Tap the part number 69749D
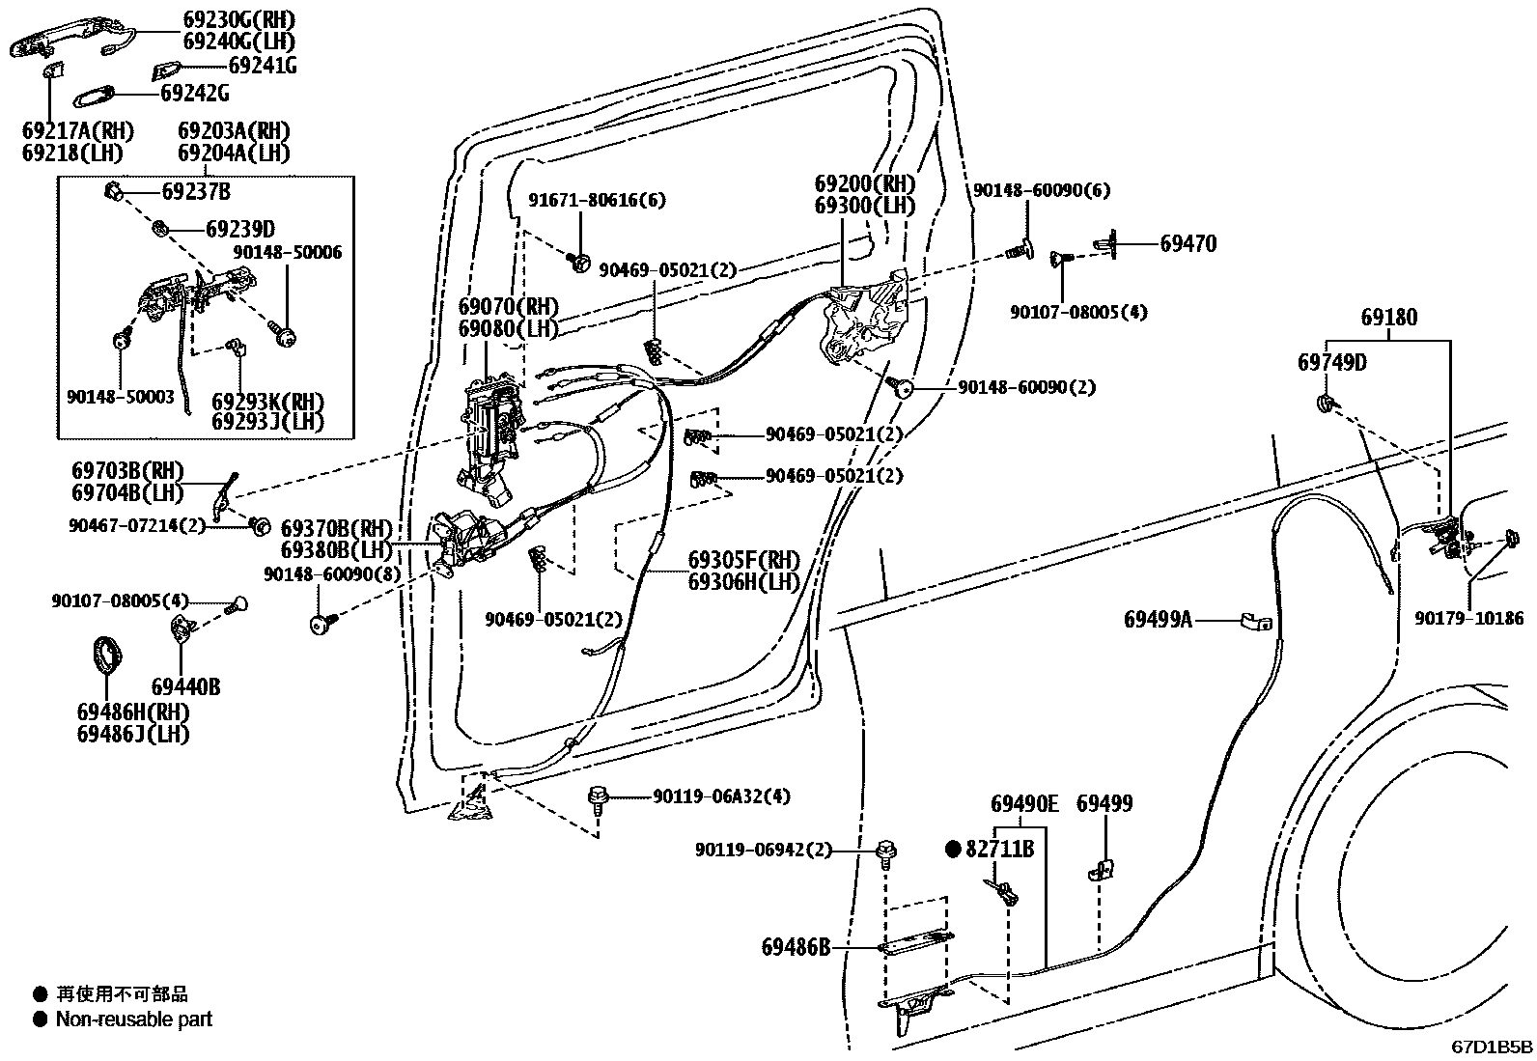1331,363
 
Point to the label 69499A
1158,620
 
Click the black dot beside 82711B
954,850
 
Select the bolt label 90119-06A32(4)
720,796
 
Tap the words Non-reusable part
133,1019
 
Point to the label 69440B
185,687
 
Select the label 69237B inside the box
196,192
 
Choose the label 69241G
262,67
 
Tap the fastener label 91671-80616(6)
597,201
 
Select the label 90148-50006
287,253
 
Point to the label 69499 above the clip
1104,804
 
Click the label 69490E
1024,804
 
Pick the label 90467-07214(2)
138,525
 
